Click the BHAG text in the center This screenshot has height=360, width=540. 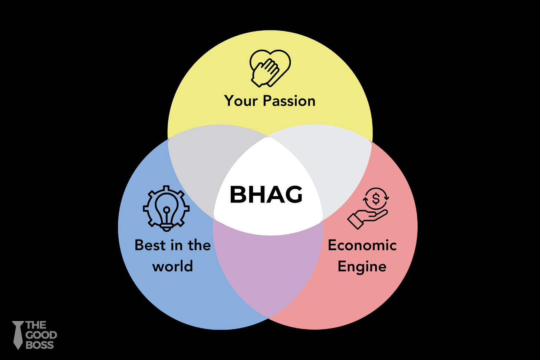coord(266,194)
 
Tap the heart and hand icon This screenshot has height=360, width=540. coord(270,68)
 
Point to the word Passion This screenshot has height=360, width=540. coord(289,101)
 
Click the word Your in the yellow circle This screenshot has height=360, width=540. coord(241,101)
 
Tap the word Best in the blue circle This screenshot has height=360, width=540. coord(150,245)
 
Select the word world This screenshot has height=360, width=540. coord(172,266)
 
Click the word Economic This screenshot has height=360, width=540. coord(362,245)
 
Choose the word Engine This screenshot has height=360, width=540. coord(362,267)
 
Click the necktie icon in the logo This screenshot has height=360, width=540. coord(17,335)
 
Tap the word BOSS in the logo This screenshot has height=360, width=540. coord(40,345)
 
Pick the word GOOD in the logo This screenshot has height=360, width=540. coord(41,335)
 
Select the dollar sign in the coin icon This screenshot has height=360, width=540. coord(376,199)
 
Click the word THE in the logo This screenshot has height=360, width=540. coord(36,326)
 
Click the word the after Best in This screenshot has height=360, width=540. coord(199,245)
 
